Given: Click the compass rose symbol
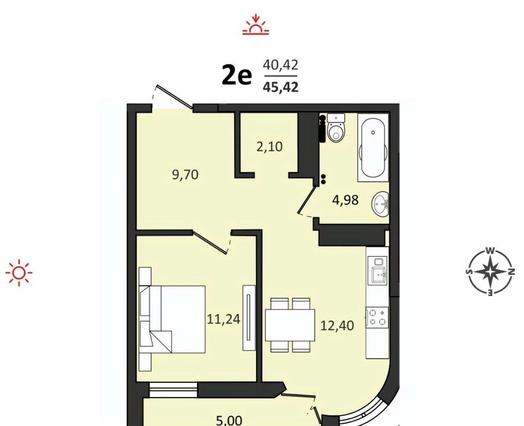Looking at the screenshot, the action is pos(490,272).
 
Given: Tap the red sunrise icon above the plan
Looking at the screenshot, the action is pos(255,25).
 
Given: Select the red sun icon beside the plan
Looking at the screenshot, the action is pos(19,273).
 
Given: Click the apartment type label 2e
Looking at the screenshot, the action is pos(236,76).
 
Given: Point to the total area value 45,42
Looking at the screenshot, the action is pos(281,87).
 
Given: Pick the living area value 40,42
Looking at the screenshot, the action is pos(281,65).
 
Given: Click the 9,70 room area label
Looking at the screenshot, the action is pos(185,175).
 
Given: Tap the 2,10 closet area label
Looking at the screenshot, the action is pos(269,147).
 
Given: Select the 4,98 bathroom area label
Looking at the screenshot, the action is pos(345,200).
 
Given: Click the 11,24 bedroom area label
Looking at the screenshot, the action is pos(224,319).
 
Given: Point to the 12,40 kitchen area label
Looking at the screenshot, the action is pos(337,326).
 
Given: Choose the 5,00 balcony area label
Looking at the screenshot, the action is pos(229,421).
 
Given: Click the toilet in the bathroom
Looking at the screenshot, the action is pos(336,129).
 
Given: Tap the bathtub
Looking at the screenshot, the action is pos(373,147).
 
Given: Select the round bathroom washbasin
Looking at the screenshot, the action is pos(380,203).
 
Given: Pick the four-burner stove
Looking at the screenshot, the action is pos(377,317).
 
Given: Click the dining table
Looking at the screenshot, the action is pos(290,325).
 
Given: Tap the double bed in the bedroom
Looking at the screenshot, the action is pos(172,319).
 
